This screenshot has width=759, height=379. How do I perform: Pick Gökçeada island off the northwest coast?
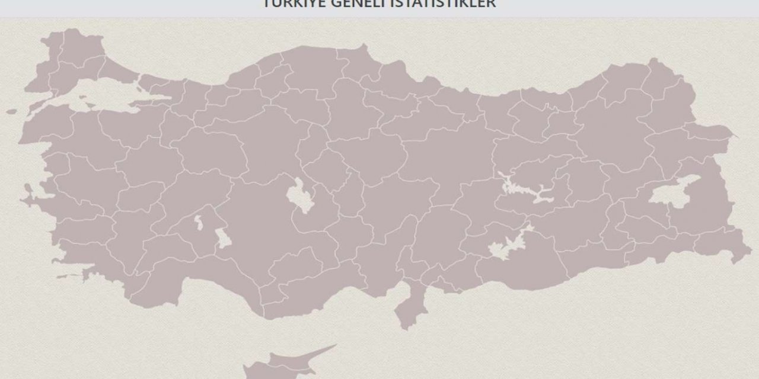point(11,111)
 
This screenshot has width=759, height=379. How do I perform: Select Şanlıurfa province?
point(522,266)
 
